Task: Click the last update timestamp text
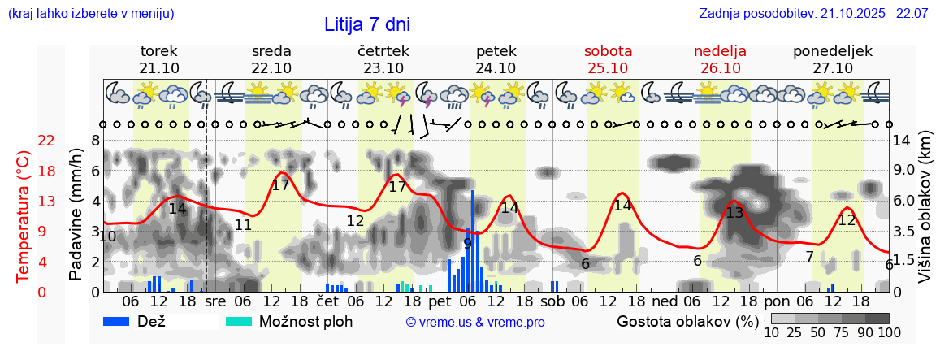pos(813,14)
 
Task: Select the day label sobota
pos(608,51)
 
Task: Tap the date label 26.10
pos(720,68)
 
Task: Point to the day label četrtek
pos(383,51)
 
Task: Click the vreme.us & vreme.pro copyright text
pos(475,322)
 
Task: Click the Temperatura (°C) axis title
pos(24,217)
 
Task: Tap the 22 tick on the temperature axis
pos(46,141)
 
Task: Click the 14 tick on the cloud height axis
pos(903,141)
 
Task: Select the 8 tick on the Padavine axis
pos(95,141)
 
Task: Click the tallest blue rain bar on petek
pos(472,241)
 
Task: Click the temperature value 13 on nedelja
pos(734,213)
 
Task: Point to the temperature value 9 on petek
pos(467,243)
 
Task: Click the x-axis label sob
pos(552,301)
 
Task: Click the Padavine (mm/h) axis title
pos(76,215)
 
